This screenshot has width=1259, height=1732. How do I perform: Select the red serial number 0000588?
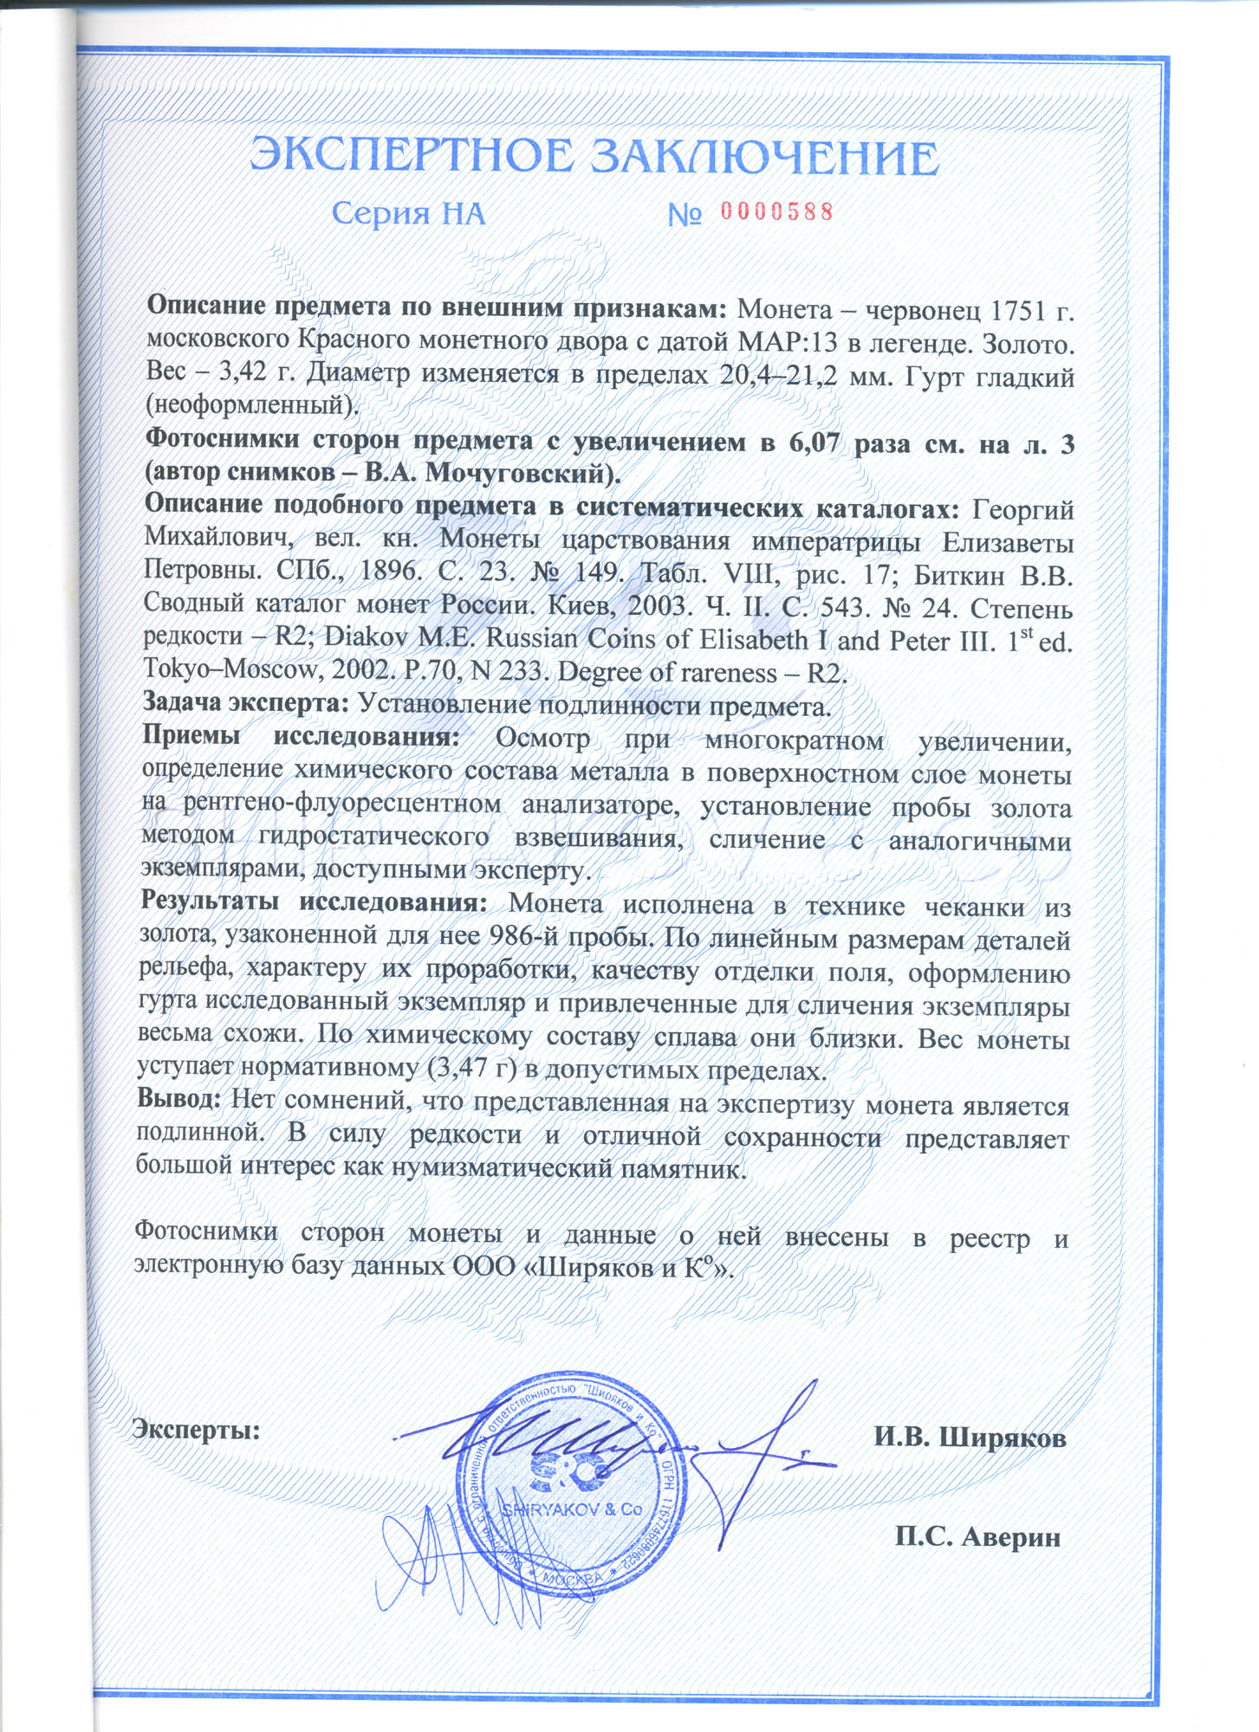(x=776, y=212)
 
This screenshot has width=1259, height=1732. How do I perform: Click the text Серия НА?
(x=408, y=214)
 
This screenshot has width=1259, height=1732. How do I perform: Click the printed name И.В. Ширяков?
(x=970, y=1438)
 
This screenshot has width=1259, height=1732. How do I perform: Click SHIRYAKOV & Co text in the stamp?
(x=572, y=1509)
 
